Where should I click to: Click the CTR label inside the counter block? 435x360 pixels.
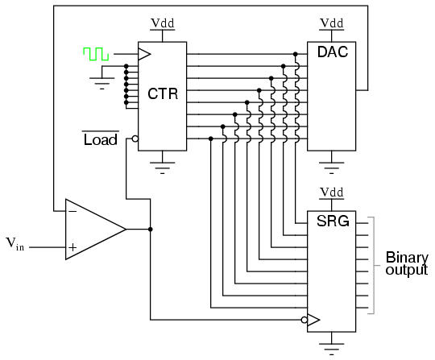coord(163,93)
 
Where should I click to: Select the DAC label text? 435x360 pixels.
coord(333,52)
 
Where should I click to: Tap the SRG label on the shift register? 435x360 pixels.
coord(333,221)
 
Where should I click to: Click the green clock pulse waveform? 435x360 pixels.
coord(96,54)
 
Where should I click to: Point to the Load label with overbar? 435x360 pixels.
coord(101,139)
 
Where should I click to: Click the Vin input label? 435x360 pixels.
coord(15,244)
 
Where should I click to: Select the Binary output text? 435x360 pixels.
coord(407,263)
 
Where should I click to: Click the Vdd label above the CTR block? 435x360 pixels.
coord(162,23)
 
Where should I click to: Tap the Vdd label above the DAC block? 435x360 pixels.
coord(332,23)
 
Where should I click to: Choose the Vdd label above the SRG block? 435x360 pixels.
coord(332,192)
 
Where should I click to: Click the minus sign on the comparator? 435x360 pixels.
coord(72,211)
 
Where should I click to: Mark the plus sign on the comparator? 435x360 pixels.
coord(72,247)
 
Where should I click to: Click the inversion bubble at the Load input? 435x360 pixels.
coord(135,139)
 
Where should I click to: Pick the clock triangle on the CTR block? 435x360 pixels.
coord(144,54)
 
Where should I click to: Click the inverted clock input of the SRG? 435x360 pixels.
coord(310,320)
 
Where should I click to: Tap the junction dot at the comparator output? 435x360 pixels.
coord(151,229)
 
